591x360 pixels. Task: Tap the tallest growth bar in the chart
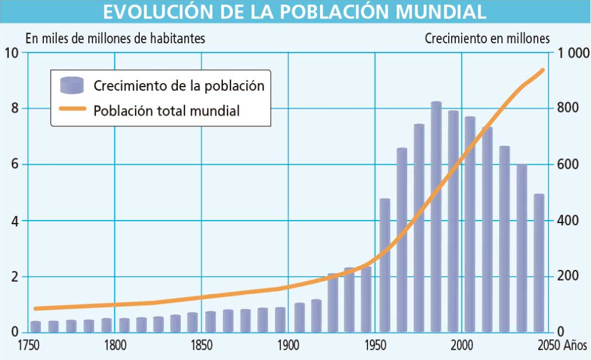pos(436,219)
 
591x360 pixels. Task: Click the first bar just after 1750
pos(36,326)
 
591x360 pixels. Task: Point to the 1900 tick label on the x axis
pos(288,345)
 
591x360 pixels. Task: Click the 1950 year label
pos(375,345)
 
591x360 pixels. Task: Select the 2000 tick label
pos(461,345)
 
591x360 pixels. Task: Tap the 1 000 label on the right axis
pos(568,53)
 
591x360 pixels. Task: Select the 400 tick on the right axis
pos(566,221)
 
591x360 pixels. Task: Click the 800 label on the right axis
pos(566,109)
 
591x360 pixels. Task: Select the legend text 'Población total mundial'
pos(167,110)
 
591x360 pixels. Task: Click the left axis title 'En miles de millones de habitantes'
pos(115,39)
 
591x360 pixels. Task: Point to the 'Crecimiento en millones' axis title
pos(487,39)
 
